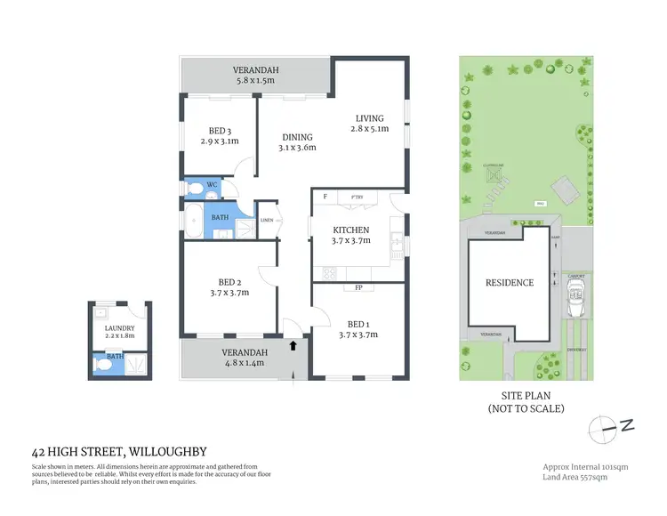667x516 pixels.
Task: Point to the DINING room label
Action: [297, 137]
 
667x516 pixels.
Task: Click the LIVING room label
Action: [369, 118]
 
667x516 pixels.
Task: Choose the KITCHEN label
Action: [350, 230]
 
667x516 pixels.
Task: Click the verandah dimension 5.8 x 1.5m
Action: [255, 80]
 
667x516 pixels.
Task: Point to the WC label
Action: [212, 185]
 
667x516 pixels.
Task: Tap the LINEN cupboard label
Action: [268, 220]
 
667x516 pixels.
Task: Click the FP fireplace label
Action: [358, 287]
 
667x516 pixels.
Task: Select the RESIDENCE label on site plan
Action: [509, 283]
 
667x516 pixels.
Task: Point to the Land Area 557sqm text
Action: [581, 479]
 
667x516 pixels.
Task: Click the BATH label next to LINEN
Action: [220, 215]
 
